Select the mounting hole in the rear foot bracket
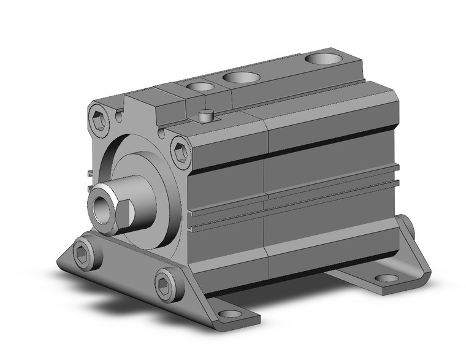point(386,278)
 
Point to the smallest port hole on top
point(197,87)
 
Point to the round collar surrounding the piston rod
point(138,184)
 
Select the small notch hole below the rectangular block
point(162,132)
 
